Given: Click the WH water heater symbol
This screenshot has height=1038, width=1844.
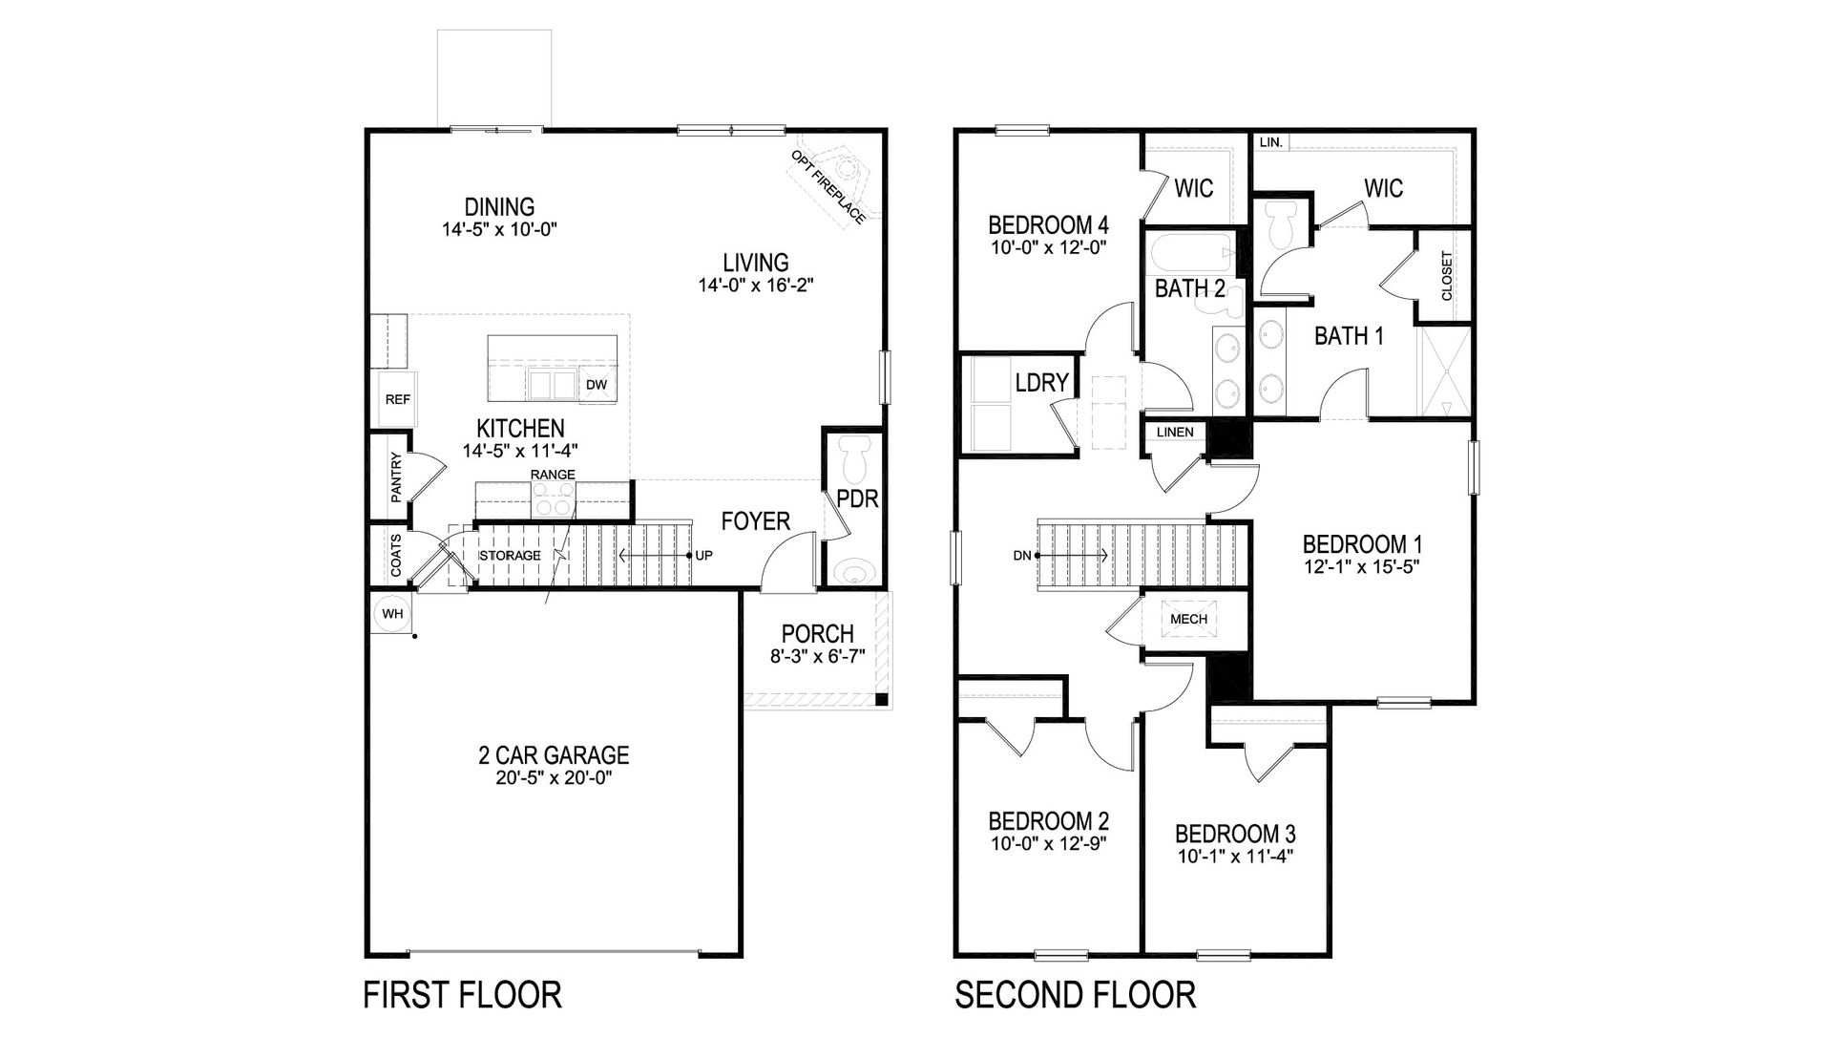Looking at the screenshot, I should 392,614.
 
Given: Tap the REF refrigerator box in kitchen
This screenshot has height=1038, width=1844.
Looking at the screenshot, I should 397,399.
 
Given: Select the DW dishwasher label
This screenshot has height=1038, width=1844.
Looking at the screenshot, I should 597,385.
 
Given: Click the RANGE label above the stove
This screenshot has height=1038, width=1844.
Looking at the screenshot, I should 553,475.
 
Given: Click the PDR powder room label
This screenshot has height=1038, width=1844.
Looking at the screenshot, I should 857,498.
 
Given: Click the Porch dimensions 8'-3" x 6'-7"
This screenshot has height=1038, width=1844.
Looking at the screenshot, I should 817,656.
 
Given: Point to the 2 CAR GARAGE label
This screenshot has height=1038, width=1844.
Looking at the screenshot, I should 554,755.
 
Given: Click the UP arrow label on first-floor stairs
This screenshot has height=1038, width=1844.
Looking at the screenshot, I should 703,555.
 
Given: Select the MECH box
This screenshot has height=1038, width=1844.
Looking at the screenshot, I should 1188,619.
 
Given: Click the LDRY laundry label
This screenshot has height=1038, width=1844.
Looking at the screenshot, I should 1041,383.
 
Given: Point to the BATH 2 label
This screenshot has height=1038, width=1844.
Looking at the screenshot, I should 1189,288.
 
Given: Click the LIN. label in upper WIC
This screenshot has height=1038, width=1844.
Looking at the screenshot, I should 1270,142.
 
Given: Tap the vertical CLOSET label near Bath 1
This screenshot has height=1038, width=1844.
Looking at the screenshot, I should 1446,276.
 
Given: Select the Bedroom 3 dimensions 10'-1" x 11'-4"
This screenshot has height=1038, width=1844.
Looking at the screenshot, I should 1235,857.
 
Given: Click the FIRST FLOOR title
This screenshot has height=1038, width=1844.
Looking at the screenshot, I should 462,994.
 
